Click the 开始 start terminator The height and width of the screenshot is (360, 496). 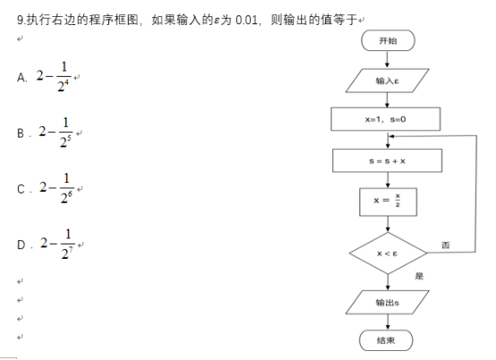pyautogui.click(x=388, y=40)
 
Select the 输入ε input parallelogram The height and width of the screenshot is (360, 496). pyautogui.click(x=387, y=81)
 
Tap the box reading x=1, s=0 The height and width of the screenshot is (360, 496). pyautogui.click(x=386, y=119)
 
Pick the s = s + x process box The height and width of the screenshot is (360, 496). pyautogui.click(x=387, y=160)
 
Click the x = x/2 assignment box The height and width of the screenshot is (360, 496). pyautogui.click(x=389, y=202)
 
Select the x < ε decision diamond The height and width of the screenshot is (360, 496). pyautogui.click(x=388, y=253)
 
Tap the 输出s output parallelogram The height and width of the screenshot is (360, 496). pyautogui.click(x=387, y=303)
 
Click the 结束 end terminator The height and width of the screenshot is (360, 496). pyautogui.click(x=386, y=340)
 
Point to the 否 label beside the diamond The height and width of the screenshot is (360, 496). pyautogui.click(x=445, y=244)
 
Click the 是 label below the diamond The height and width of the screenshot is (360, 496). pyautogui.click(x=419, y=276)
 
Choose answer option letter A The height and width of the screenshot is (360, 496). pyautogui.click(x=21, y=78)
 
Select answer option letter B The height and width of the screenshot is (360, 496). pyautogui.click(x=21, y=133)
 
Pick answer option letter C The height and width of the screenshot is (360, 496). pyautogui.click(x=21, y=189)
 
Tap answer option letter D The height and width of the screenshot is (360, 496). pyautogui.click(x=21, y=244)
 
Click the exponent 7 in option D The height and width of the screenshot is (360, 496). pyautogui.click(x=71, y=250)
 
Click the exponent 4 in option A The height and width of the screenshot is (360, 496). pyautogui.click(x=66, y=82)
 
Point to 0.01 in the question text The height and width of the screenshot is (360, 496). pyautogui.click(x=247, y=20)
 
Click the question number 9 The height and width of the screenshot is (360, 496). pyautogui.click(x=21, y=20)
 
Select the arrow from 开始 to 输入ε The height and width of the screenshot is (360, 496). pyautogui.click(x=387, y=59)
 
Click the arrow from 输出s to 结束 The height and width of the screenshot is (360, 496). pyautogui.click(x=388, y=322)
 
